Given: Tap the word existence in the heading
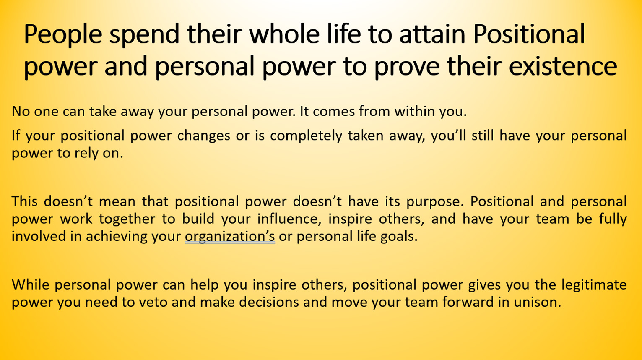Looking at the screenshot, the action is (x=563, y=66).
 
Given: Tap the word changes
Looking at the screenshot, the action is (x=203, y=136).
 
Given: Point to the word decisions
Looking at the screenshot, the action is (x=269, y=302).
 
